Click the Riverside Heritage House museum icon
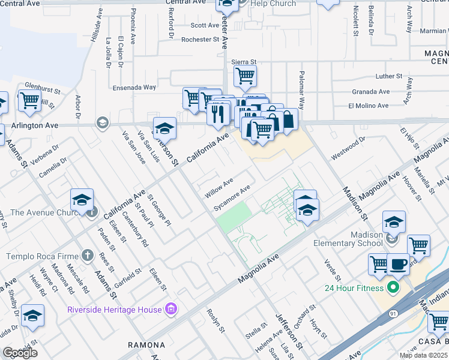coord(171,310)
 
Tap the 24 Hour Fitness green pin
coord(394,288)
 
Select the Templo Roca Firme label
coord(40,256)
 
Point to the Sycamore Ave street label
coord(232,198)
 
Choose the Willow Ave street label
coord(218,187)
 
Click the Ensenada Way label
coord(134,87)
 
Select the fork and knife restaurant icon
coord(217,112)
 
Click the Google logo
coord(20,353)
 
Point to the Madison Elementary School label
coord(348,238)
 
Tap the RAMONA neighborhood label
coord(146,345)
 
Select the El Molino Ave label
coord(368,106)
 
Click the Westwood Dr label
coord(348,148)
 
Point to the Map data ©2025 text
coord(423,355)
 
